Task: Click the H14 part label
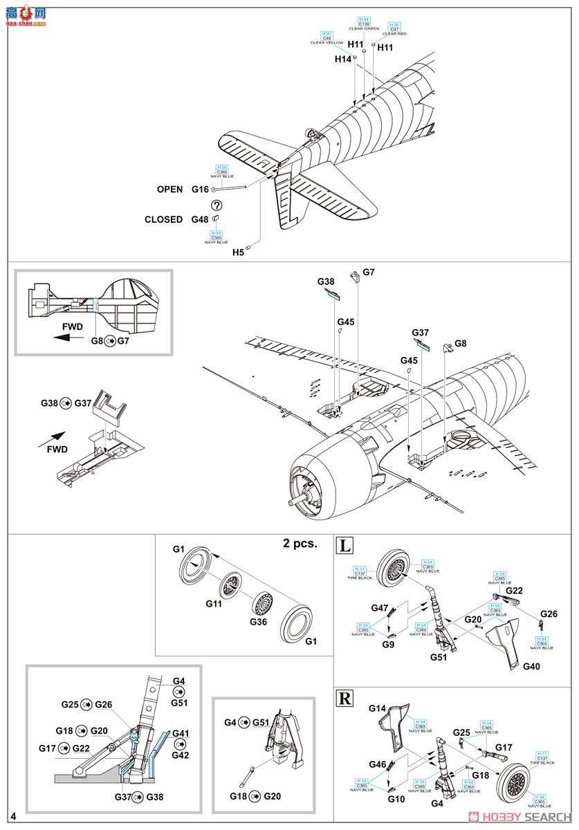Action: coord(343,59)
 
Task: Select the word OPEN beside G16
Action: coord(169,189)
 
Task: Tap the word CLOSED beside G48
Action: coord(163,220)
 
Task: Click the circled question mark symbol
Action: coord(217,205)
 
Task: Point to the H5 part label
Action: coord(238,253)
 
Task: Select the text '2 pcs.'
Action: coord(300,543)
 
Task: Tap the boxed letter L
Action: coord(343,546)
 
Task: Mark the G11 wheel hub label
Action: coord(214,603)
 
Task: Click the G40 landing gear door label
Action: coord(531,666)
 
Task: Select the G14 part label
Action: coord(377,709)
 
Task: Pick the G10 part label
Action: coord(396,799)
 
